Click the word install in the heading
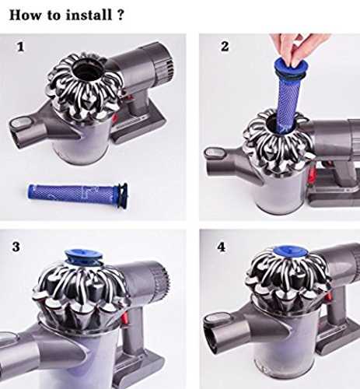click(89, 15)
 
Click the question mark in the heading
click(121, 15)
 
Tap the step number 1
click(20, 47)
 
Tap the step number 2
click(225, 47)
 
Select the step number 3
click(16, 247)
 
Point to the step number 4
click(221, 247)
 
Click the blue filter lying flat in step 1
click(78, 195)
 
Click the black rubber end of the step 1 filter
click(122, 196)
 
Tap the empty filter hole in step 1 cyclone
click(86, 70)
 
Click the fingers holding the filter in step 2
click(298, 49)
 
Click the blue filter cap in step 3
click(83, 257)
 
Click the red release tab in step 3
click(124, 317)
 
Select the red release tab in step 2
click(313, 173)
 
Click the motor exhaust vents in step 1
click(170, 68)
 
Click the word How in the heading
click(26, 15)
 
